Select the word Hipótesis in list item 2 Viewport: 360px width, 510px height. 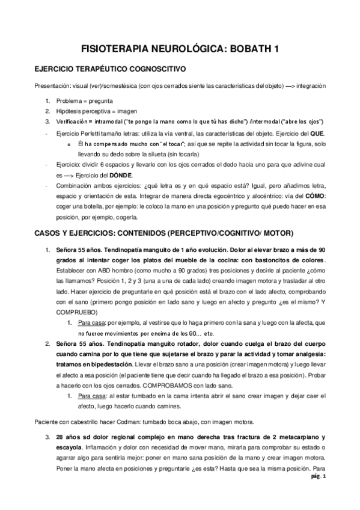coord(70,111)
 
